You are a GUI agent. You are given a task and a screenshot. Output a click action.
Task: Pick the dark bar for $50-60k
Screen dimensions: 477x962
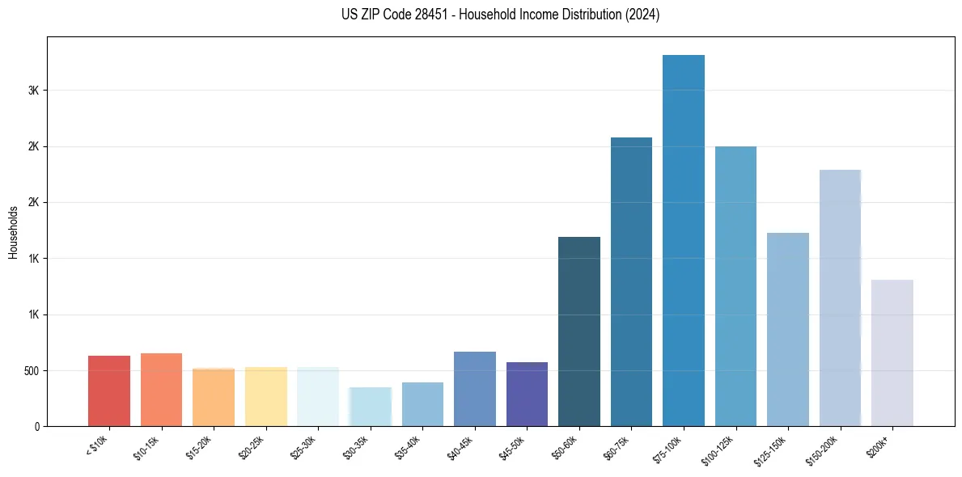click(x=579, y=331)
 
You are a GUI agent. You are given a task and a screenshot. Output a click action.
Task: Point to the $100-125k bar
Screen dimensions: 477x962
click(x=735, y=286)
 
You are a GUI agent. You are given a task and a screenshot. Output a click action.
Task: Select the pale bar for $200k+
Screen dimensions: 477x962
click(x=892, y=352)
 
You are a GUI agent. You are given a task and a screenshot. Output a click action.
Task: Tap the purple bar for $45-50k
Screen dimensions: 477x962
click(x=527, y=394)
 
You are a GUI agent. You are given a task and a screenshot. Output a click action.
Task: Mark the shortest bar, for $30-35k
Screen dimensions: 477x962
click(x=371, y=407)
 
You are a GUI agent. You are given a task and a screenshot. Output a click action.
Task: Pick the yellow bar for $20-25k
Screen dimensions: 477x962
click(x=265, y=396)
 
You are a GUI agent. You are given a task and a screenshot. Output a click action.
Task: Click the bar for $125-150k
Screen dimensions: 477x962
click(x=788, y=329)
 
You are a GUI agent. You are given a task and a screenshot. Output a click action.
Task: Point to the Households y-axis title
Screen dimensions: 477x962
click(x=14, y=232)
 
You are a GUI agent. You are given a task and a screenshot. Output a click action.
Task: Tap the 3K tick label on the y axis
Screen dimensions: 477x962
click(x=34, y=91)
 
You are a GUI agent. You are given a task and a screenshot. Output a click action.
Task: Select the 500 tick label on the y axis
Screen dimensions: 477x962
click(x=32, y=370)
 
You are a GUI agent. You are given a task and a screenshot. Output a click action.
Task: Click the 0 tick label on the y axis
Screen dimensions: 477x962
click(x=37, y=426)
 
